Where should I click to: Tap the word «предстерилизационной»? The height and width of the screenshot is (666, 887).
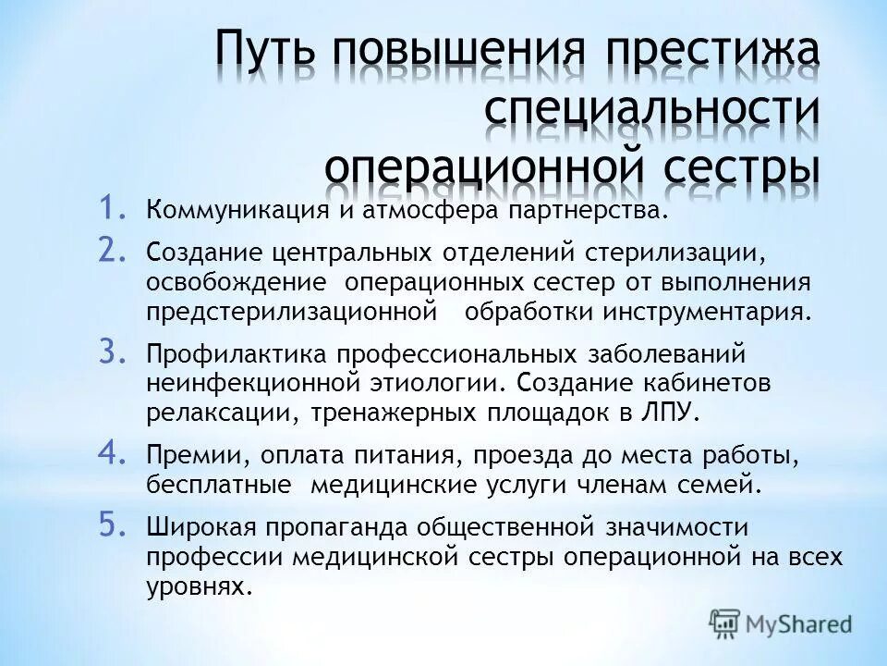pos(291,311)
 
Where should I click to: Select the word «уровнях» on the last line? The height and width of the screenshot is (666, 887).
pos(198,586)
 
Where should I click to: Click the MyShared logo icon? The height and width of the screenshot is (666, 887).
pos(724,622)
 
